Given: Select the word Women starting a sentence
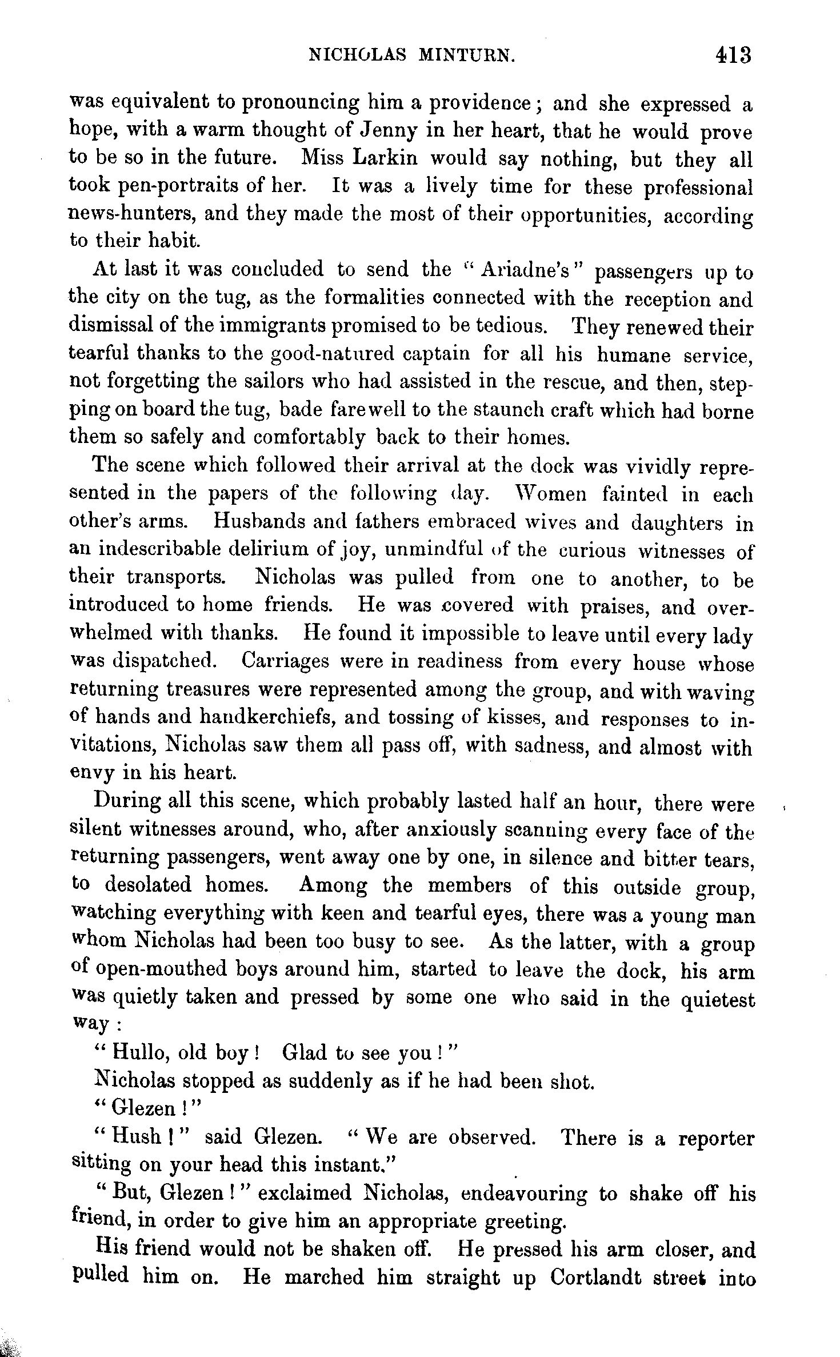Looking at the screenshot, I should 551,494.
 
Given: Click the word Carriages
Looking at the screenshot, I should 285,661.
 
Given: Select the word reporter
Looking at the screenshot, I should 716,1138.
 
